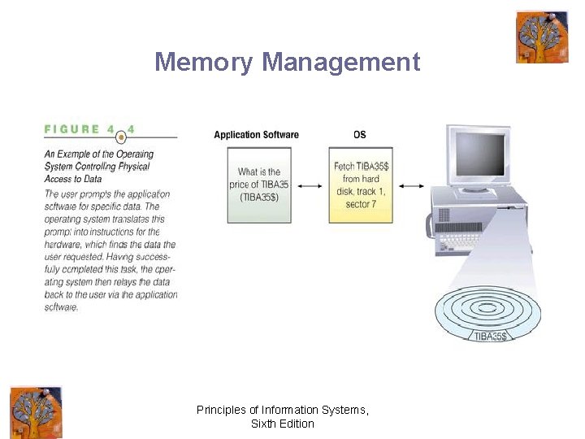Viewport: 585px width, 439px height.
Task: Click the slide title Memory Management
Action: coord(288,62)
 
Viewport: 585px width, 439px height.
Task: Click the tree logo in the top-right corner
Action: coord(542,37)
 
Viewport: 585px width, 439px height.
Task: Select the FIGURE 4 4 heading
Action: coord(89,129)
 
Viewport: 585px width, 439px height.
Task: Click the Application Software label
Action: coord(256,135)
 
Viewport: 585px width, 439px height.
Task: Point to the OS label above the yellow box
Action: coord(359,135)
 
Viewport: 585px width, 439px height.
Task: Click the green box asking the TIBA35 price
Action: coord(258,185)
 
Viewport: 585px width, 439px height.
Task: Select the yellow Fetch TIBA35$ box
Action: coord(360,185)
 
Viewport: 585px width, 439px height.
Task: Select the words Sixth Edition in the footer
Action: coord(283,424)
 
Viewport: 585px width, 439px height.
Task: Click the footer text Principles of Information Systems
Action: coord(283,411)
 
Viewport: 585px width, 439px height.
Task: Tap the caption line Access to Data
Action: coord(78,179)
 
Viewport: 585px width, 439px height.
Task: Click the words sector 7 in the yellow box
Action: coord(361,204)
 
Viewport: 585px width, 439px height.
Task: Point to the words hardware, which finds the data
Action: coord(110,245)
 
